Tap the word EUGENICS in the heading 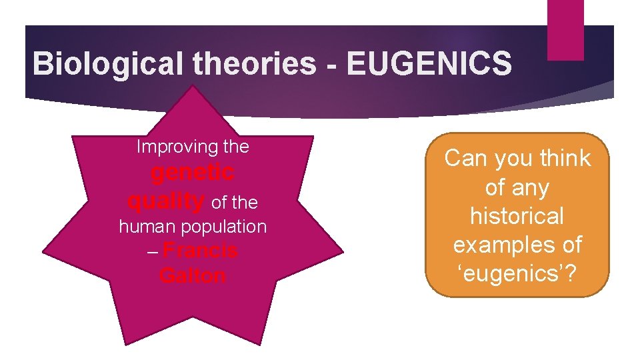429,64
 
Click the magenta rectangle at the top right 565,30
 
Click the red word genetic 193,173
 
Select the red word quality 165,200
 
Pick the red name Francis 200,251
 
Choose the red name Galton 193,275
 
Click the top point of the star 193,87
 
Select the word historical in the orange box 517,217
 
